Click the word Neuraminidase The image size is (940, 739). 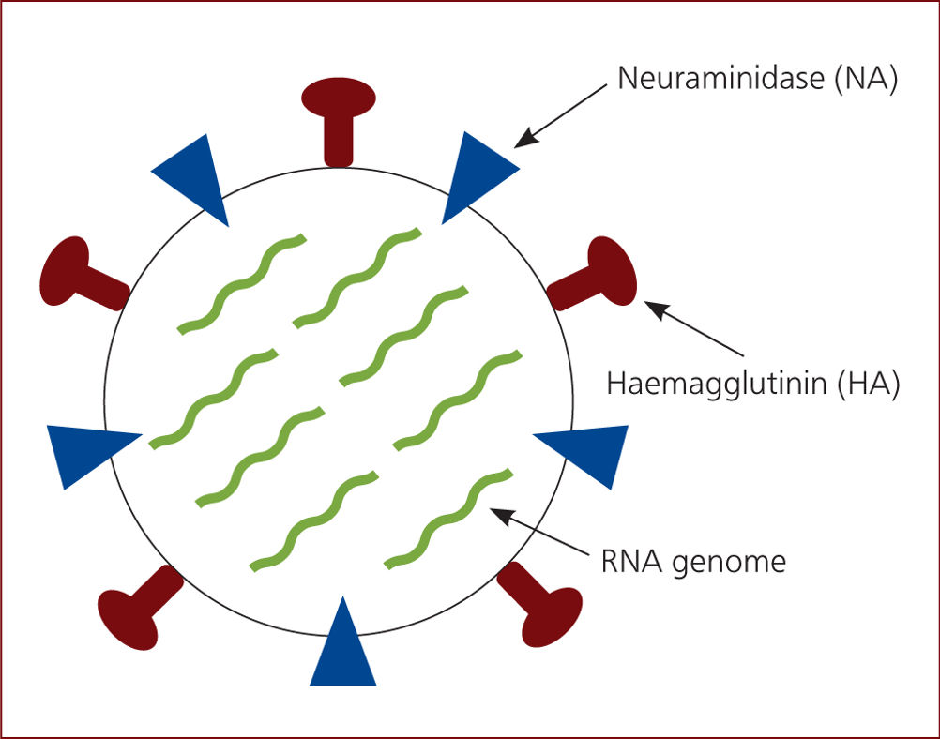click(720, 79)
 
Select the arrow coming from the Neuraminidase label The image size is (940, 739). click(560, 115)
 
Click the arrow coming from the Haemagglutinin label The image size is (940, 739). click(693, 328)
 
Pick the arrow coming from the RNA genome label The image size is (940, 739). click(539, 532)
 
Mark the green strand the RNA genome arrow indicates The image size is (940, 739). click(448, 519)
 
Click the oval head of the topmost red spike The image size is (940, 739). click(339, 98)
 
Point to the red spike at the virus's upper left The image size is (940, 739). click(83, 273)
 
